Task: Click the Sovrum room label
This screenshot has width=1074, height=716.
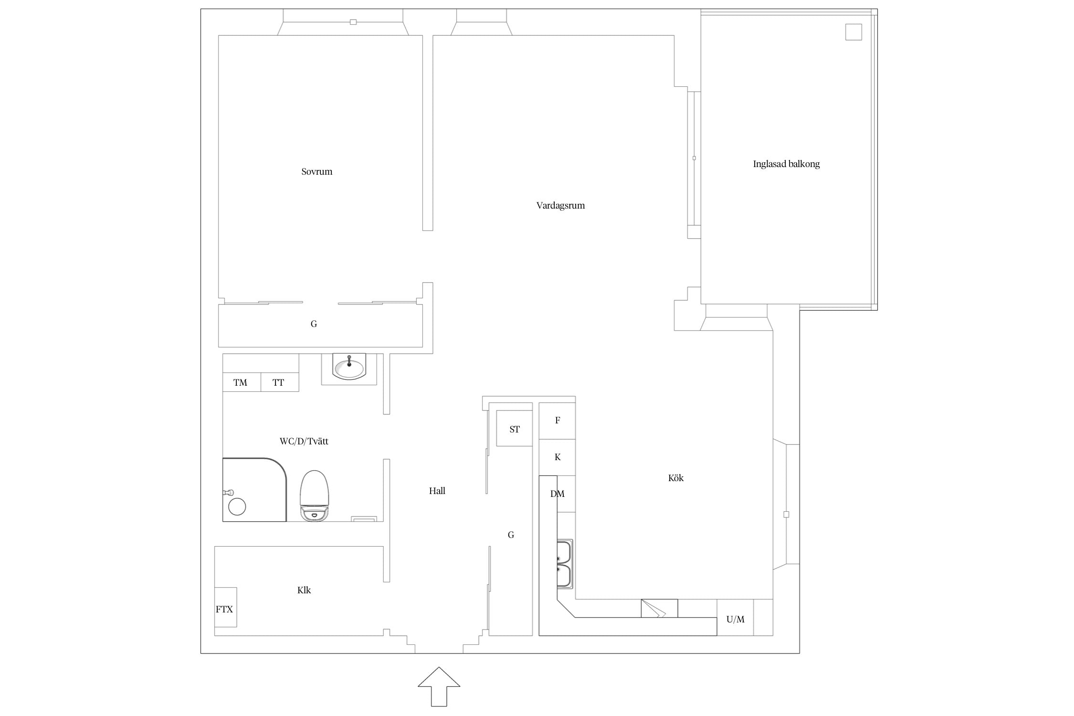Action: [316, 172]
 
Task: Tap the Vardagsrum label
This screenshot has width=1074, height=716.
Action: [560, 206]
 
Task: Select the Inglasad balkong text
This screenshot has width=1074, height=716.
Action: [786, 164]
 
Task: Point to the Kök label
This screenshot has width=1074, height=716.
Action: [676, 478]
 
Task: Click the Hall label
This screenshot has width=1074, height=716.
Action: [437, 491]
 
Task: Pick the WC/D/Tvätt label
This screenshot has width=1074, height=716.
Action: [304, 442]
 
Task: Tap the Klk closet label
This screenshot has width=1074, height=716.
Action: [304, 590]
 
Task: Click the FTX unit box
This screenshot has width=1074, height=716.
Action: [225, 607]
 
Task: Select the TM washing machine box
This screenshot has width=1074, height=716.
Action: [242, 382]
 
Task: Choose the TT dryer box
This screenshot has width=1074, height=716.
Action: [280, 382]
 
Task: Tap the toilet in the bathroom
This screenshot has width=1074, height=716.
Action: [314, 495]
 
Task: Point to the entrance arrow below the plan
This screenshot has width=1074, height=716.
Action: [439, 686]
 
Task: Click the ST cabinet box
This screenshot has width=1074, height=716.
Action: [514, 429]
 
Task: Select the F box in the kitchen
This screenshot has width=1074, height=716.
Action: [557, 421]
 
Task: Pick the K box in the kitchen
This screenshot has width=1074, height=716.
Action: [557, 457]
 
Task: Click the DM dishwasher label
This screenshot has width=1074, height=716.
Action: [557, 494]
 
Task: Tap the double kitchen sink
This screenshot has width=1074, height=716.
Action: [564, 564]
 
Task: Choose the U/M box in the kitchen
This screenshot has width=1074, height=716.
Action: [735, 618]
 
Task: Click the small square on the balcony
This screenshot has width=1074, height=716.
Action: [853, 32]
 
